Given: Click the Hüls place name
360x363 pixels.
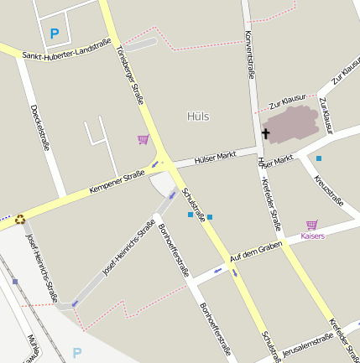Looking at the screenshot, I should coord(199,117).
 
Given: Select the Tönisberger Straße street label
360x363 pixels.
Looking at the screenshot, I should coord(131,74).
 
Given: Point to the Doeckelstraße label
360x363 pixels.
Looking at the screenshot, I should coord(39,127).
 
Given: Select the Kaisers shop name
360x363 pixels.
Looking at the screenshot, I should coord(312,236).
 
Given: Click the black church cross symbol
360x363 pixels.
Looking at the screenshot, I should coord(267,133).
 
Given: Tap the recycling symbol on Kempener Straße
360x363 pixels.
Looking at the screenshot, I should coord(19,220).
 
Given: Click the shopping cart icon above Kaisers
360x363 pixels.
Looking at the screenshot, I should coord(312,225).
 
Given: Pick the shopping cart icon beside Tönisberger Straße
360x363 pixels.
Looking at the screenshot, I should coord(143,140).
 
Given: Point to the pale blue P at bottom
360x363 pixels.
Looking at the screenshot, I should coord(77,353).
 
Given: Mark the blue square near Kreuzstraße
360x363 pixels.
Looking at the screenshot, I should coord(319,158).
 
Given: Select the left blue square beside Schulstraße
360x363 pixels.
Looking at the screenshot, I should coord(190,215).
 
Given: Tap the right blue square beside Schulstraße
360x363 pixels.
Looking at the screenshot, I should coord(210,217).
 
